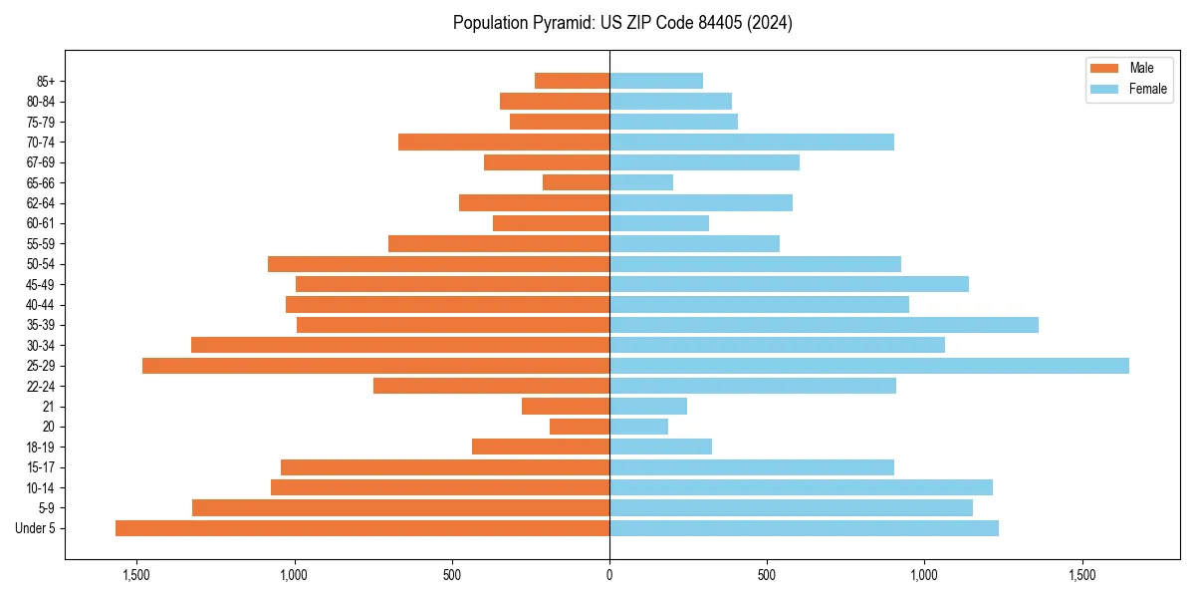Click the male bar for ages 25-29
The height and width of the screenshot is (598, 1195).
coord(375,366)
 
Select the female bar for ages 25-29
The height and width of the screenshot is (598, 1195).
coord(868,366)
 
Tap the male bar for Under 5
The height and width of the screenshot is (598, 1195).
coord(362,528)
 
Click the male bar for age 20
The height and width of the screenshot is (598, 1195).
coord(580,427)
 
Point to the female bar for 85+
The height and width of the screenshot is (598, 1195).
coord(656,81)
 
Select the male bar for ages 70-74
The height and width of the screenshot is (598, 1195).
coord(504,142)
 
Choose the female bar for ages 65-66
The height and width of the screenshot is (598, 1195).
coord(641,182)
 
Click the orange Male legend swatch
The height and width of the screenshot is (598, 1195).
coord(1104,68)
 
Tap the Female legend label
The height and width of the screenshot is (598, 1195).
coord(1147,89)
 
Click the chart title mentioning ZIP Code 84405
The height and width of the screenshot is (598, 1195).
coord(622,23)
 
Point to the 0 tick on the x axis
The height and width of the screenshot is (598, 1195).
coord(609,575)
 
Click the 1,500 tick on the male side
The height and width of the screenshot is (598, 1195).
coord(136,575)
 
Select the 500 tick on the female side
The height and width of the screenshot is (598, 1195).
coord(767,575)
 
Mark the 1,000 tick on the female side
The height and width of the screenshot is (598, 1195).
coord(924,575)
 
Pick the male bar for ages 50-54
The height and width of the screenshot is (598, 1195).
coord(438,264)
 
